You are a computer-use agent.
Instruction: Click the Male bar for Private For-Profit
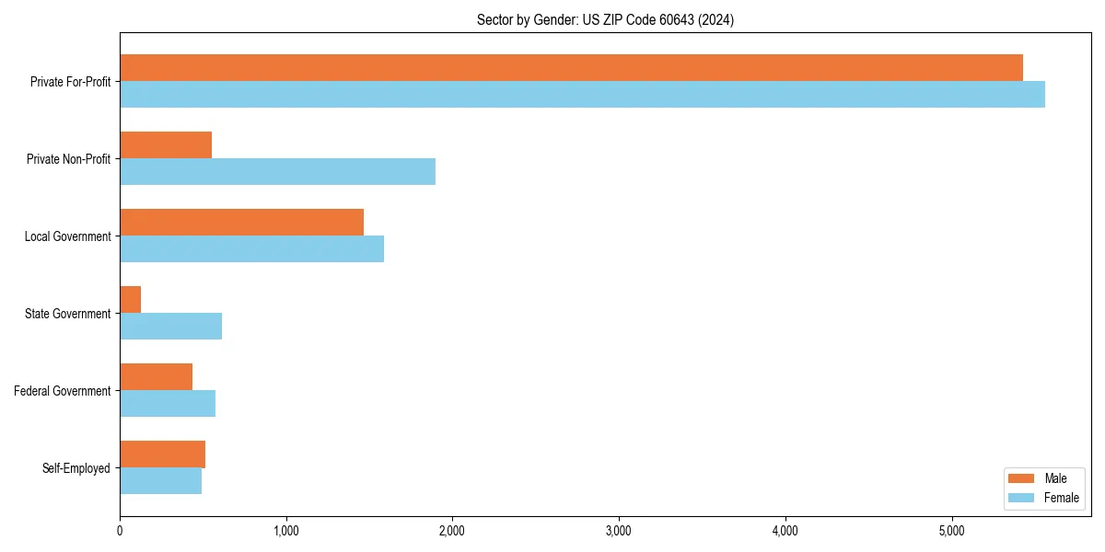(571, 68)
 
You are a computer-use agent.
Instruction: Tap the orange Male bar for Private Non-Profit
(166, 145)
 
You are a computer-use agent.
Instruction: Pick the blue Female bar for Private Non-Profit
(277, 172)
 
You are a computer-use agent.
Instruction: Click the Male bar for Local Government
(241, 223)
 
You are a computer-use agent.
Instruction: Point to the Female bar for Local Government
(251, 249)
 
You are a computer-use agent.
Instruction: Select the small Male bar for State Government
(131, 300)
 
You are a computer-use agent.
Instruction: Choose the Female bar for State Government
(170, 327)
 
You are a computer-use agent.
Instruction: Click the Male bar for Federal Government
(156, 377)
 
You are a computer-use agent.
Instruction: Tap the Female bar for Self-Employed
(160, 481)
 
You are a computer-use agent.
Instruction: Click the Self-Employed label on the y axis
(76, 468)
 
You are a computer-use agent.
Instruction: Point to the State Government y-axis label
(68, 314)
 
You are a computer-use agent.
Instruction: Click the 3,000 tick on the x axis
(619, 531)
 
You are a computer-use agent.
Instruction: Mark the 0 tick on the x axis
(120, 531)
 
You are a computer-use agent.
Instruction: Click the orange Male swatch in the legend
(1022, 478)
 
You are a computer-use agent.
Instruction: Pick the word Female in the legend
(1061, 498)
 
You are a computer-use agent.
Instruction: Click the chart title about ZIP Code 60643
(605, 19)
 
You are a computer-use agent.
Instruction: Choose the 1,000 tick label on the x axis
(286, 531)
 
